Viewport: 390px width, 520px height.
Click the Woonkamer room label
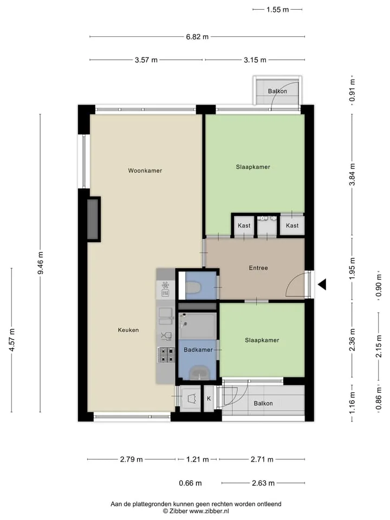click(x=145, y=171)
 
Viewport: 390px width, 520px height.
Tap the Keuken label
click(x=128, y=330)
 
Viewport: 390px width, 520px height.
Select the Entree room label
click(x=258, y=268)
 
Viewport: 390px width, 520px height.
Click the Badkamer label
click(x=198, y=349)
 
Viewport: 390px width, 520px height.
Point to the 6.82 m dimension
click(x=197, y=37)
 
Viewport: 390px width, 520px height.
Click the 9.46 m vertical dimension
click(x=41, y=263)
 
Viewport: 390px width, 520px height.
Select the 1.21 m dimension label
click(x=198, y=459)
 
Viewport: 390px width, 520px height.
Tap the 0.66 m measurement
click(x=190, y=483)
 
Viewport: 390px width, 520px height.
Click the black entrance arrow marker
click(x=322, y=284)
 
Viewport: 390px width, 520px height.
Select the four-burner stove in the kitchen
click(x=166, y=355)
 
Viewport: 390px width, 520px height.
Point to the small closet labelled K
click(x=209, y=398)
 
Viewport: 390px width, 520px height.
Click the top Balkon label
click(x=277, y=91)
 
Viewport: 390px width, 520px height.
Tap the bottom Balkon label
click(x=263, y=403)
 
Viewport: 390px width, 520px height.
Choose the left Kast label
click(x=244, y=225)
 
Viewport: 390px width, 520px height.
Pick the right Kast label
click(x=292, y=225)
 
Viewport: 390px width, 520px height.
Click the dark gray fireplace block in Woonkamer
click(x=94, y=219)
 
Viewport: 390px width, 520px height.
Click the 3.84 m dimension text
click(x=352, y=174)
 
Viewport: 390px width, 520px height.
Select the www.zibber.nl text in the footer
click(x=209, y=511)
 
